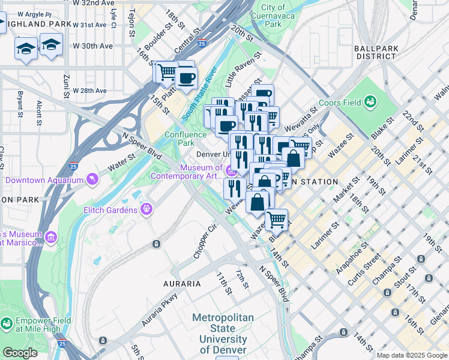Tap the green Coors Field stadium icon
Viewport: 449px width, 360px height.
pos(371,102)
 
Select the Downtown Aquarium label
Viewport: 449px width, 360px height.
pos(44,179)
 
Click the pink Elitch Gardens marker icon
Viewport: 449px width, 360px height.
pos(146,209)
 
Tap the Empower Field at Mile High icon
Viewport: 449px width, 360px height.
pos(7,325)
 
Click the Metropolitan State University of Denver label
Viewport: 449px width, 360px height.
pos(223,334)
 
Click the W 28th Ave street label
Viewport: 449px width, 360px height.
pos(89,91)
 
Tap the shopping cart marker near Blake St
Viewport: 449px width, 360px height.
pos(276,220)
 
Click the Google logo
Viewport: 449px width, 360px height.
pos(20,353)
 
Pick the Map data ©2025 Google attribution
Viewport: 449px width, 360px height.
pos(411,355)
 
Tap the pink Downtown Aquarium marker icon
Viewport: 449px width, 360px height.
pos(92,179)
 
